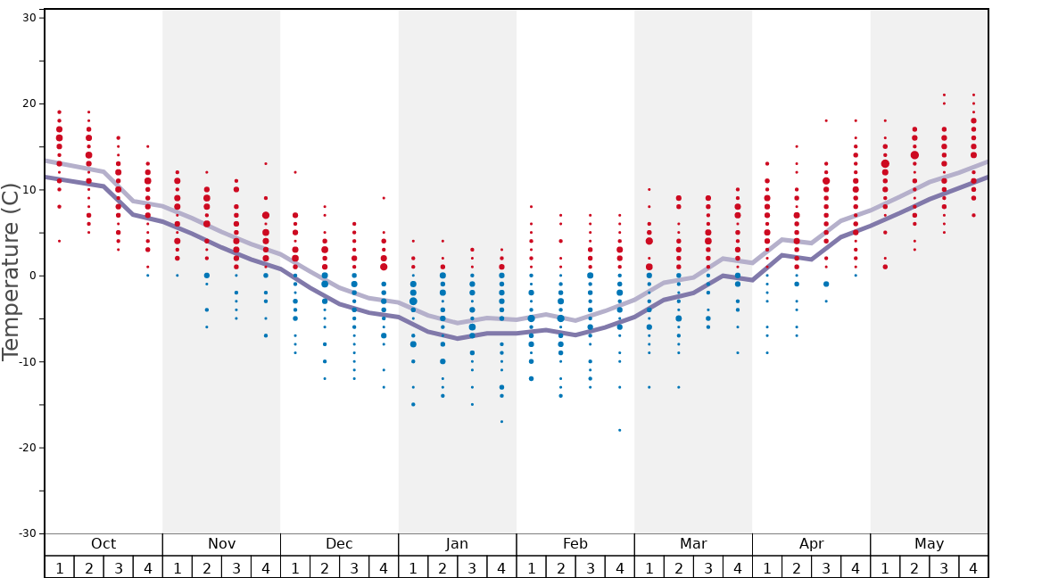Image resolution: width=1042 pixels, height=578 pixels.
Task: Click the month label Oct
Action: coord(103,544)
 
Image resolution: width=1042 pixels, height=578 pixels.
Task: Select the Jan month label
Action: coord(457,544)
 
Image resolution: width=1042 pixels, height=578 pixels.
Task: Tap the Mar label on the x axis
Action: coord(693,544)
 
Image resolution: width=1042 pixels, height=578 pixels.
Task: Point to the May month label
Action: coord(929,544)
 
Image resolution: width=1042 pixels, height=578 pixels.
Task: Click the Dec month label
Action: coord(339,544)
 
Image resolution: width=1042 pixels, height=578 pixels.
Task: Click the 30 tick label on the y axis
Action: coord(28,18)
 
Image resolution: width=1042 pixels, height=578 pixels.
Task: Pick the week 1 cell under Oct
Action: coord(59,567)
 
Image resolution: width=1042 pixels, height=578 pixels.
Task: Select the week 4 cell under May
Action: coord(973,567)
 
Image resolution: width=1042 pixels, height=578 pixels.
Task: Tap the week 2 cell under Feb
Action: coord(560,567)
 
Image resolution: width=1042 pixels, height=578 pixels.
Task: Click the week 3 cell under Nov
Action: coord(236,567)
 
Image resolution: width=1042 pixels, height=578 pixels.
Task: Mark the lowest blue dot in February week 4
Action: coord(619,430)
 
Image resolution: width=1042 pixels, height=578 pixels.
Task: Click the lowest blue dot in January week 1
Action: coord(413,404)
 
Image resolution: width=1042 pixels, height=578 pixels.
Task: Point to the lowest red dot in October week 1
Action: coord(59,241)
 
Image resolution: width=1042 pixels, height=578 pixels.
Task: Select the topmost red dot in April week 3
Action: coord(826,120)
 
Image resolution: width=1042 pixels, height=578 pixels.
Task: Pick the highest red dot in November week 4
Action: coord(265,163)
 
